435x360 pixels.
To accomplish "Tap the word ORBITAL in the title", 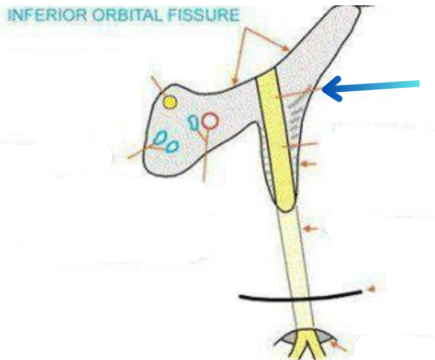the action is click(x=122, y=14).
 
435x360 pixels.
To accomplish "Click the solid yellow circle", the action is click(x=170, y=102).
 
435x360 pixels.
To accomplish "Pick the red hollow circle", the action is click(x=210, y=120).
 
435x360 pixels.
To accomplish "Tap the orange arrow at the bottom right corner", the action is click(x=340, y=346).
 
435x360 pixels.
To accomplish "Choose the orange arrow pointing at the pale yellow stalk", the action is click(x=309, y=229).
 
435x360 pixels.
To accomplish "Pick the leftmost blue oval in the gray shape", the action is click(x=160, y=137).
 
